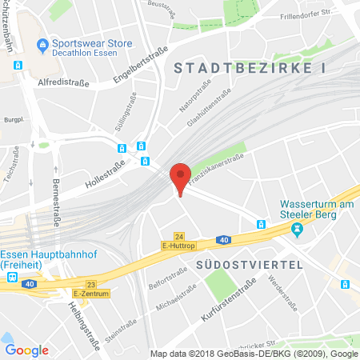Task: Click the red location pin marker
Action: (x=181, y=176)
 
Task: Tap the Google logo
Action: (x=26, y=350)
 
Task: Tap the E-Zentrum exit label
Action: (x=90, y=294)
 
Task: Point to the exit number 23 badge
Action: (x=90, y=284)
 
